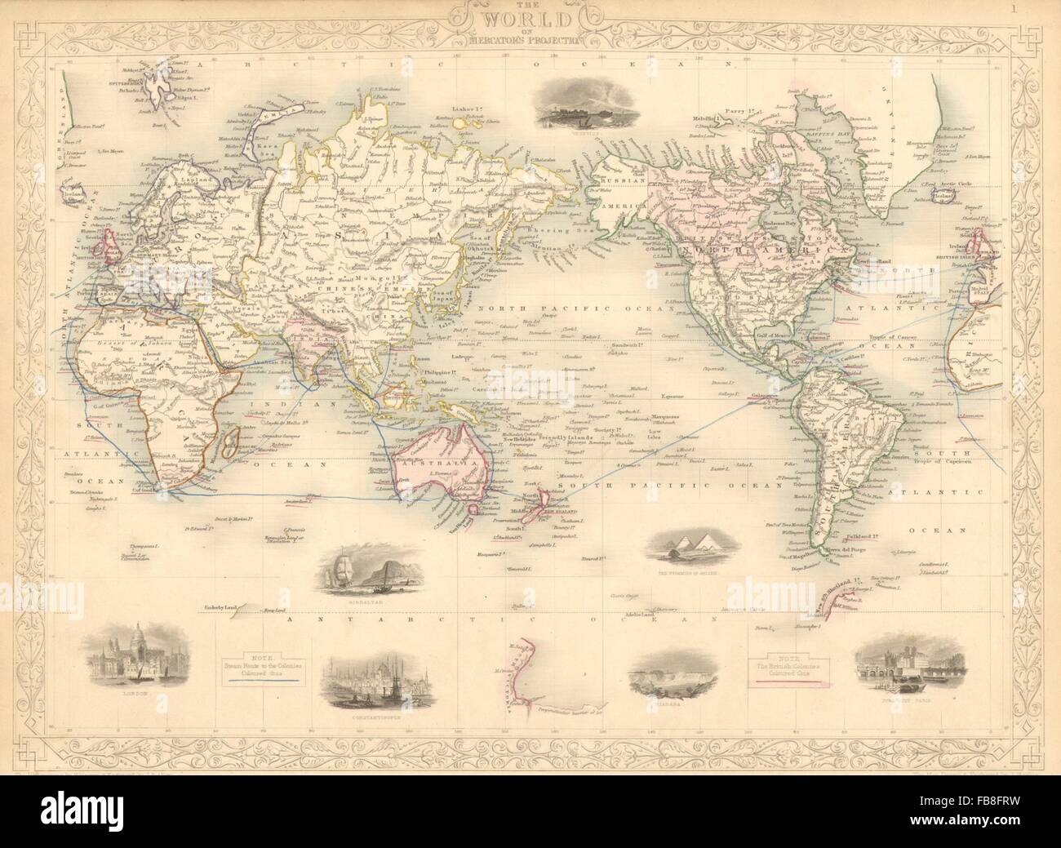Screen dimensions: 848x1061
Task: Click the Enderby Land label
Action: click(220, 608)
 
